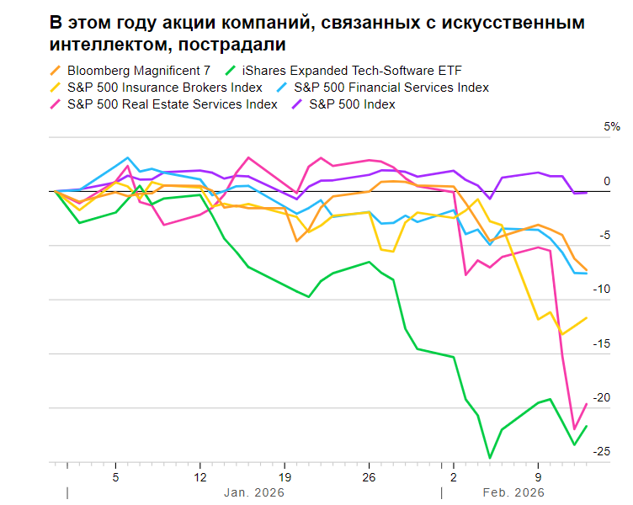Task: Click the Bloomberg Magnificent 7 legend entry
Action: (x=138, y=71)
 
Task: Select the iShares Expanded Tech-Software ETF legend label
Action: (x=351, y=71)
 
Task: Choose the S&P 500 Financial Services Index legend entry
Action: (x=391, y=88)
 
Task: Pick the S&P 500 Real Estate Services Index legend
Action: (x=172, y=104)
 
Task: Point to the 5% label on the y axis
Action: (x=612, y=127)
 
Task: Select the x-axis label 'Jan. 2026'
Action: (x=254, y=492)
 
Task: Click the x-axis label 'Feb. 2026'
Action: (x=512, y=492)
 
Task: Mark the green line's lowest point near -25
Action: (x=490, y=458)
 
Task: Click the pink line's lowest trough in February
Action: (x=574, y=429)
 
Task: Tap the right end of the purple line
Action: (x=586, y=192)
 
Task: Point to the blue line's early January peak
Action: (x=128, y=157)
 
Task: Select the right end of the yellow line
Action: (x=586, y=317)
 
